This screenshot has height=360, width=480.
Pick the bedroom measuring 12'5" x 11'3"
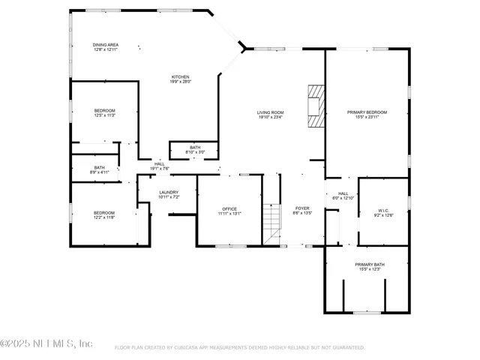pyautogui.click(x=104, y=113)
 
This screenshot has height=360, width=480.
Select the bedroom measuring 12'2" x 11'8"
pyautogui.click(x=104, y=214)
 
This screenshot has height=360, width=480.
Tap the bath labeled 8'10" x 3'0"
pyautogui.click(x=195, y=150)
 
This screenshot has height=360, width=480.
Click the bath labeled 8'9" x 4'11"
pyautogui.click(x=100, y=169)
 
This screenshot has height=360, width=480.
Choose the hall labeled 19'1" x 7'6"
pyautogui.click(x=160, y=166)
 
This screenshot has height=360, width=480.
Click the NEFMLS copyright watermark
pyautogui.click(x=46, y=343)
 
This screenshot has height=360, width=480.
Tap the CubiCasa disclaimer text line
pyautogui.click(x=239, y=348)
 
